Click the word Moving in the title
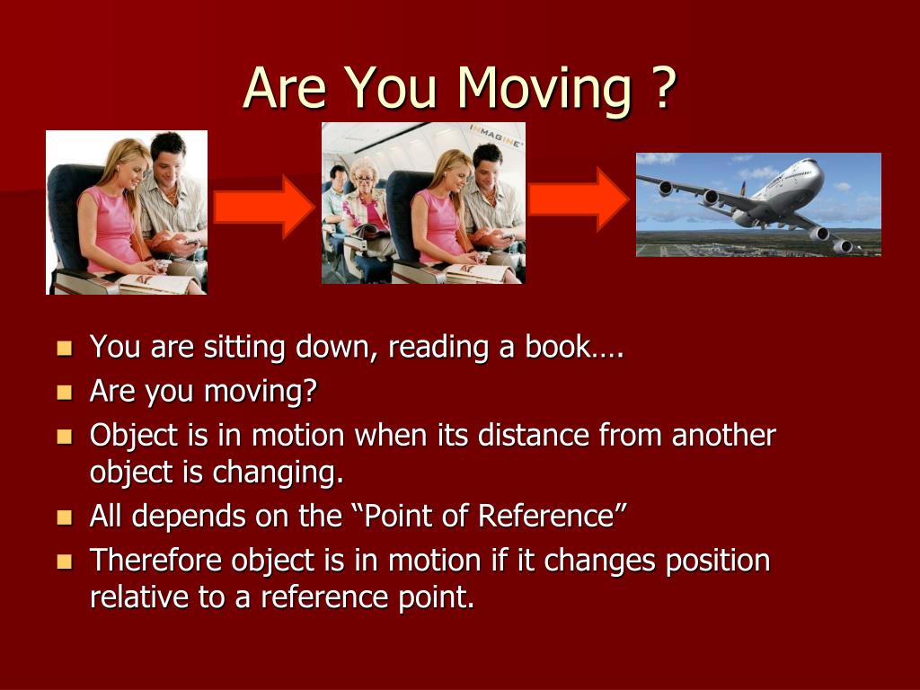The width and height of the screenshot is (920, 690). (544, 88)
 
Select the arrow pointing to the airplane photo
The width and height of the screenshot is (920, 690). (579, 199)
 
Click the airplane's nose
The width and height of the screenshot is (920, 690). (813, 164)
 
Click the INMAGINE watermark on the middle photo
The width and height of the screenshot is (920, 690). (495, 136)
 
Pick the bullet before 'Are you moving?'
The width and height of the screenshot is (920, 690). (65, 392)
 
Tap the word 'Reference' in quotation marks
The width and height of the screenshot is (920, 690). (545, 517)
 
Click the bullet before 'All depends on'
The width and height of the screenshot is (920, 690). (65, 517)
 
